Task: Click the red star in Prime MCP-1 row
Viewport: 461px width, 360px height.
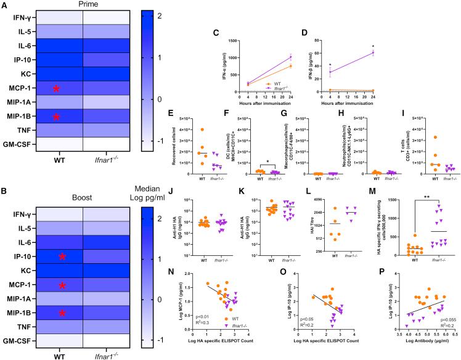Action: pos(56,89)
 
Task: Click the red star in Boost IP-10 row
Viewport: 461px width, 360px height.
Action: pos(62,256)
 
